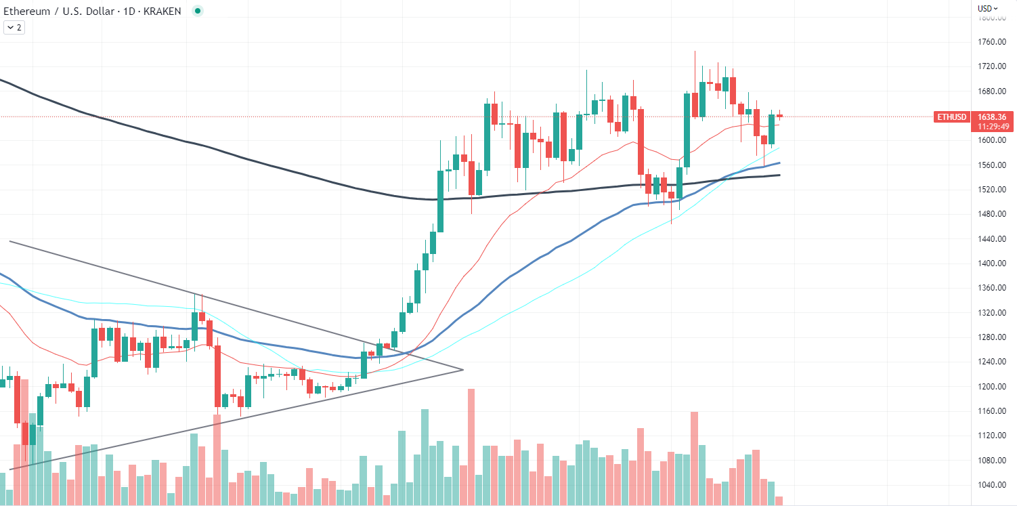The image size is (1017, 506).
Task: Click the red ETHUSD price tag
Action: click(951, 117)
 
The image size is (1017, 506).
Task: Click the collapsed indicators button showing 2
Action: click(14, 28)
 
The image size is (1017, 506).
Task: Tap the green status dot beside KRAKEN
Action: click(197, 11)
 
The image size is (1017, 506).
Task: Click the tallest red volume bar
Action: click(471, 447)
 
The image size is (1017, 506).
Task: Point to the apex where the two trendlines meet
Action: click(463, 370)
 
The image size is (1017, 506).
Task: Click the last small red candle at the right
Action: click(779, 116)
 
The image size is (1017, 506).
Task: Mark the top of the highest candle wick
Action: click(695, 51)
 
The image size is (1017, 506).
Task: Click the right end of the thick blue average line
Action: click(780, 163)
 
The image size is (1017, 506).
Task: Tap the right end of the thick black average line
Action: click(780, 175)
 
